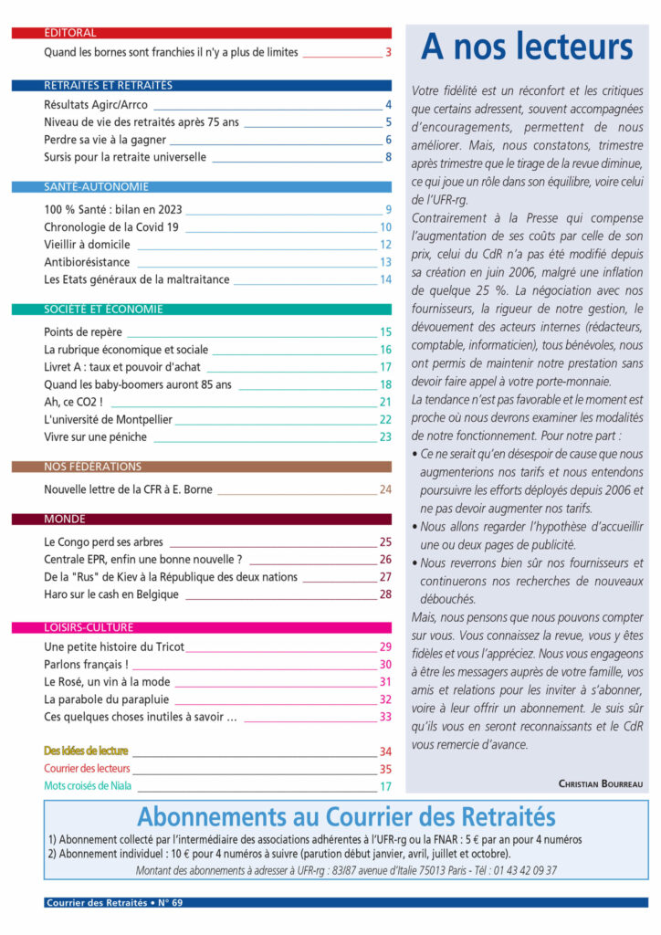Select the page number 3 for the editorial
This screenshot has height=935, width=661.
(388, 53)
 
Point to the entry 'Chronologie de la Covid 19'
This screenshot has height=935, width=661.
(110, 226)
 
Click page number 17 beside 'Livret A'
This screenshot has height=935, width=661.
(385, 367)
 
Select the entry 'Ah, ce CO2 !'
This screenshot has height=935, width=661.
(73, 402)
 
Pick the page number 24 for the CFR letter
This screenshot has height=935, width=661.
(385, 489)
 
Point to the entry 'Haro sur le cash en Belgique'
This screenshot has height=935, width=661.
(111, 594)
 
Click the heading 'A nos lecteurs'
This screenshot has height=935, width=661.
(527, 47)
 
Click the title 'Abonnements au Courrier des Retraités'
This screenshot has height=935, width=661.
(346, 815)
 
